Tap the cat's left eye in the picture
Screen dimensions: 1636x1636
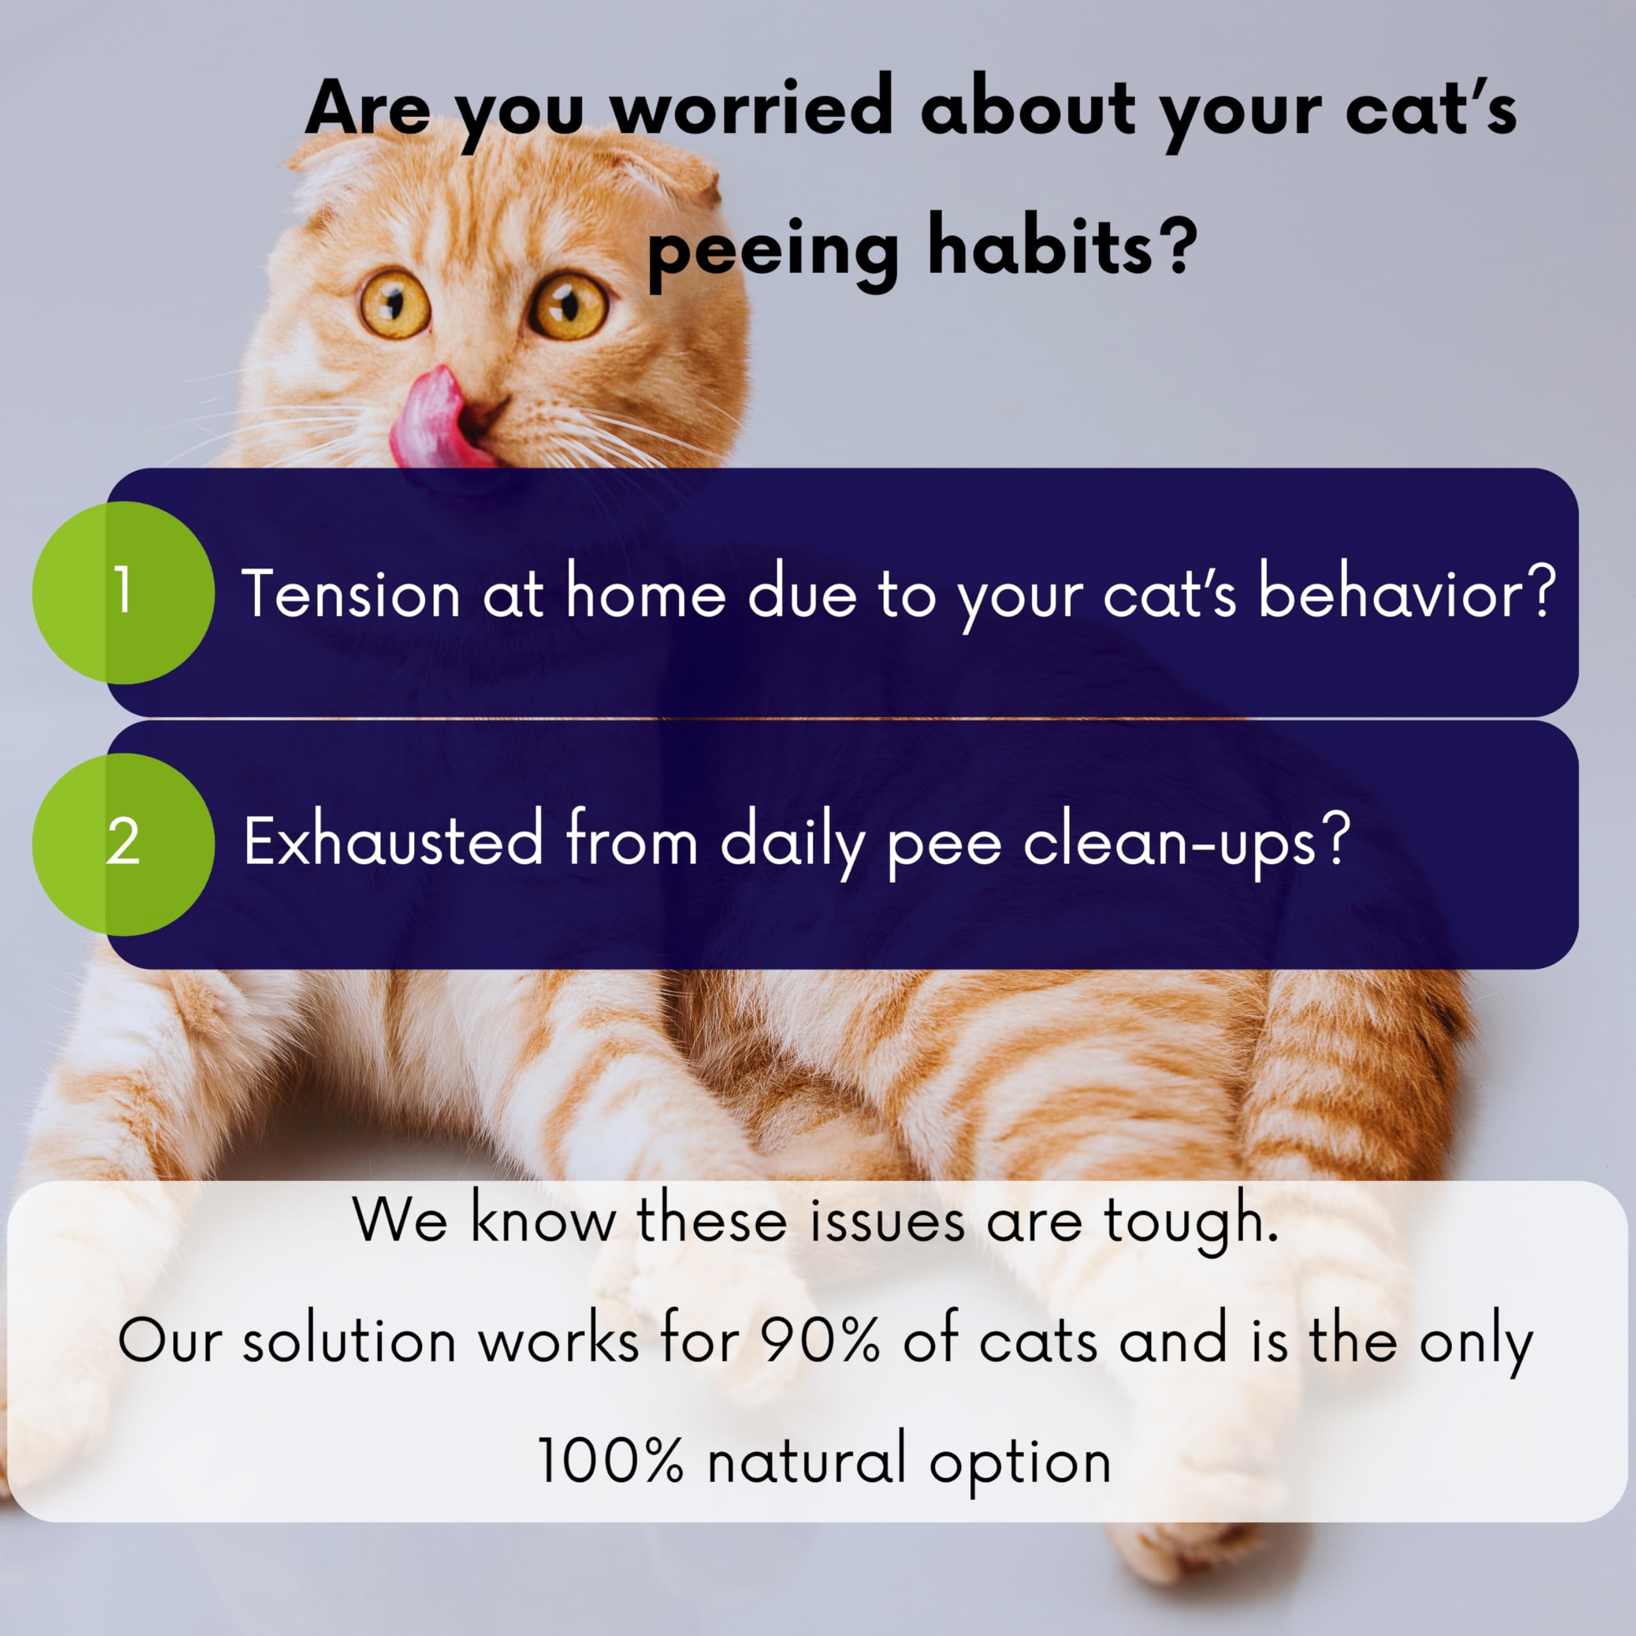pyautogui.click(x=568, y=305)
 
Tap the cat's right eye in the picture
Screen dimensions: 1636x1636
pyautogui.click(x=394, y=303)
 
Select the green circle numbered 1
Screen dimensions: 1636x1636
pyautogui.click(x=123, y=593)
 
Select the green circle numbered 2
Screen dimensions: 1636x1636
pyautogui.click(x=123, y=844)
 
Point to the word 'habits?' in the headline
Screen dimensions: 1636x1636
pyautogui.click(x=1063, y=247)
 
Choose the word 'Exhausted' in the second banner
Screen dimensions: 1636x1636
pyautogui.click(x=393, y=840)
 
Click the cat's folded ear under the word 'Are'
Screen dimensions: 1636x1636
pyautogui.click(x=332, y=169)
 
